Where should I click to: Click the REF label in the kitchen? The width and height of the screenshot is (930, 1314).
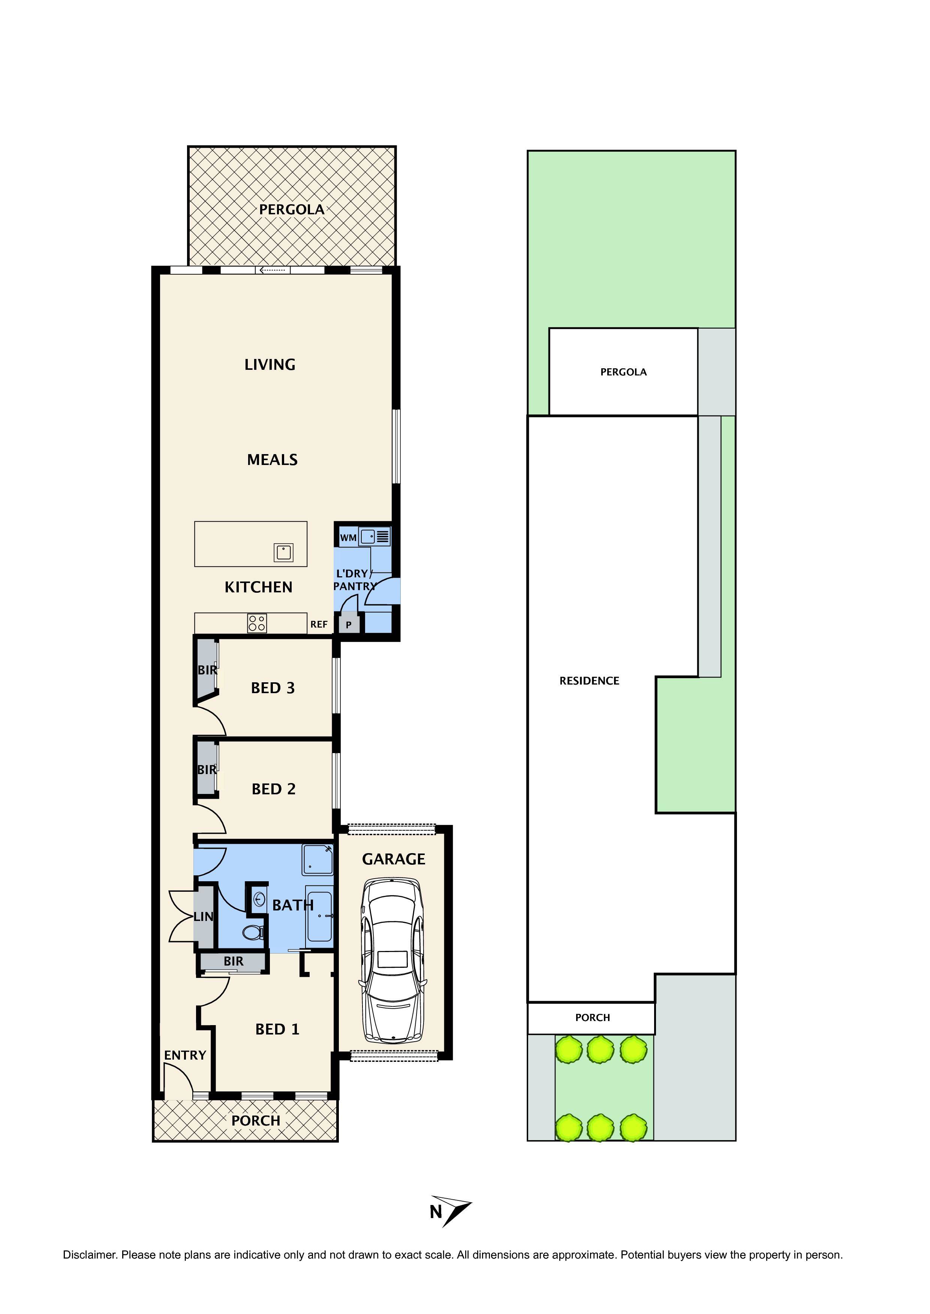tap(319, 624)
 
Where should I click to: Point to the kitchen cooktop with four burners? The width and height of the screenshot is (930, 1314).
tap(256, 623)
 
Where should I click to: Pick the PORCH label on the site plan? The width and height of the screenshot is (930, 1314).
tap(592, 1018)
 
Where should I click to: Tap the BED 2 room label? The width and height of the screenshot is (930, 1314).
tap(274, 789)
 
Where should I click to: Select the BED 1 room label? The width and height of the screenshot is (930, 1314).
tap(277, 1029)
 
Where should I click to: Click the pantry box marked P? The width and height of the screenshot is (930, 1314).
tap(349, 624)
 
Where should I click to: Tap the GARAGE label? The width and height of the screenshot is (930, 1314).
tap(394, 859)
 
